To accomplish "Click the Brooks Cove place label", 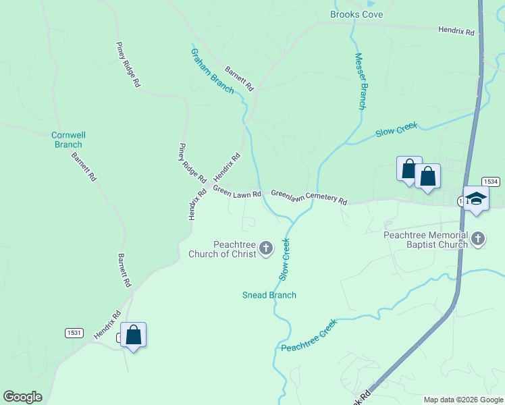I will click(356, 14).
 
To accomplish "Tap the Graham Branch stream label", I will click(212, 71).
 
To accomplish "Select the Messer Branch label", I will click(360, 81).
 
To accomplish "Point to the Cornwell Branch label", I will click(68, 140).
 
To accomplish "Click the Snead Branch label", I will click(269, 295).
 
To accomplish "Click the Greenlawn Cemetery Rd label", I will click(309, 197).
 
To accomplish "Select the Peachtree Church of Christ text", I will click(234, 249).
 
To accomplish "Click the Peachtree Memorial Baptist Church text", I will click(425, 240).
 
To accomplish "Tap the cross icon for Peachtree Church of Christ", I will click(266, 249).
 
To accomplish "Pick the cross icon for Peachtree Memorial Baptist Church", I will click(479, 238).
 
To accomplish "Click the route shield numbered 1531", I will click(74, 333).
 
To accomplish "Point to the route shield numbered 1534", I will click(491, 182).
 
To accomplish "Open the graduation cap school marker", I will click(476, 198).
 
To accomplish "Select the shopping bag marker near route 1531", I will click(134, 334).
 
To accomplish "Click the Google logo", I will click(22, 397).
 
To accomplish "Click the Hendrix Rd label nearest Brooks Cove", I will click(456, 31).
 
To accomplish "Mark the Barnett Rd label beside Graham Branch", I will click(239, 78).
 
